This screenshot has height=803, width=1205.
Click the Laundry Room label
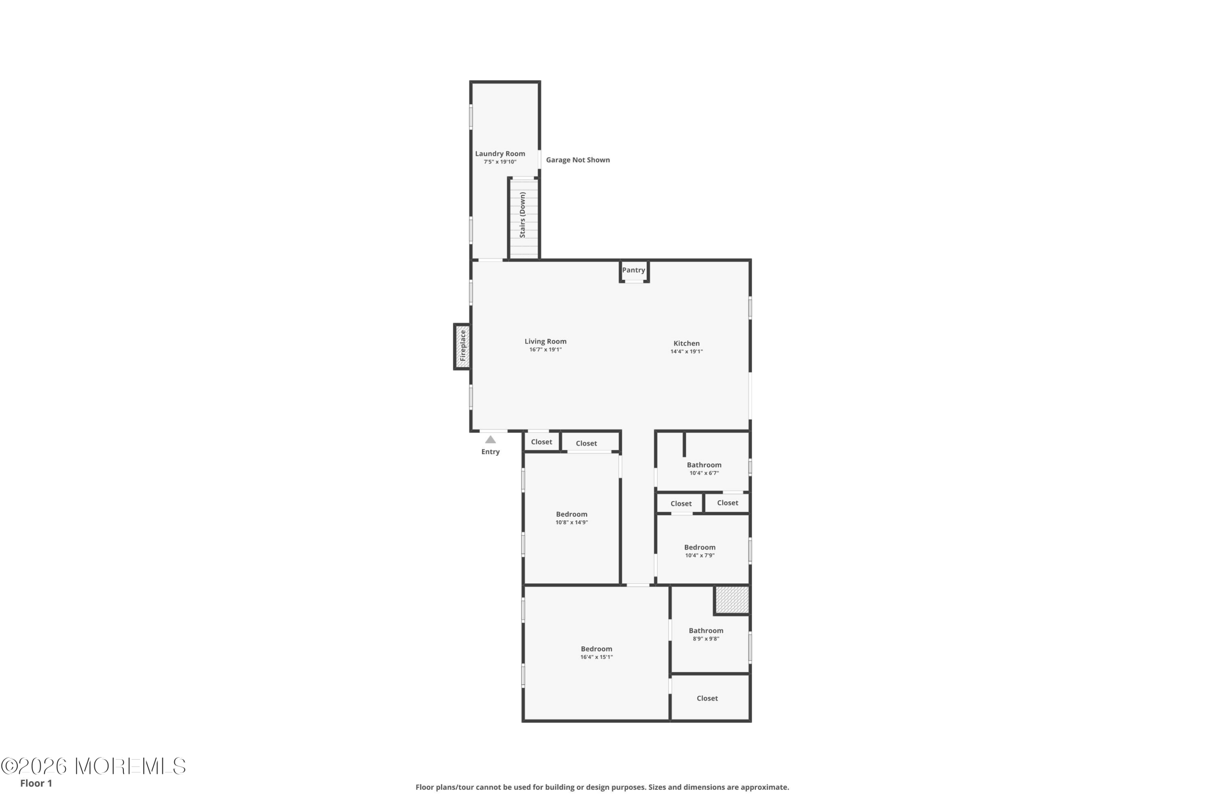point(499,154)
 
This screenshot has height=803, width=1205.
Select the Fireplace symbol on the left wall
point(463,347)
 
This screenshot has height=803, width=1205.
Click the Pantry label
point(634,270)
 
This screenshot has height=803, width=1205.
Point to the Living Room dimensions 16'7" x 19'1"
point(546,350)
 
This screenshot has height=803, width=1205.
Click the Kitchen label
point(687,343)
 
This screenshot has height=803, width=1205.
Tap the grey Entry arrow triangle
point(490,439)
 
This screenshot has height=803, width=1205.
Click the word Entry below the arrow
point(490,452)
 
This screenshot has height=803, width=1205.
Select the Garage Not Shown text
point(578,160)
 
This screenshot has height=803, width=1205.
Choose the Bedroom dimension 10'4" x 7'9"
point(700,555)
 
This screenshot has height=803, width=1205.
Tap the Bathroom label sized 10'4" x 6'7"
point(704,465)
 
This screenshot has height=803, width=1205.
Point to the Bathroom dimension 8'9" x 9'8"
point(706,639)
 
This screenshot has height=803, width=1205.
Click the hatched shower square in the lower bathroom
point(732,600)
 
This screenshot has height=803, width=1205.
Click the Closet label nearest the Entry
point(541,442)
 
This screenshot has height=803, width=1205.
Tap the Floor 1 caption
point(36,783)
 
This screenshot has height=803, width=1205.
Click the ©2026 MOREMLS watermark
point(93,766)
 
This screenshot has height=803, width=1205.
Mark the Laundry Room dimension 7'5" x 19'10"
point(500,162)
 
